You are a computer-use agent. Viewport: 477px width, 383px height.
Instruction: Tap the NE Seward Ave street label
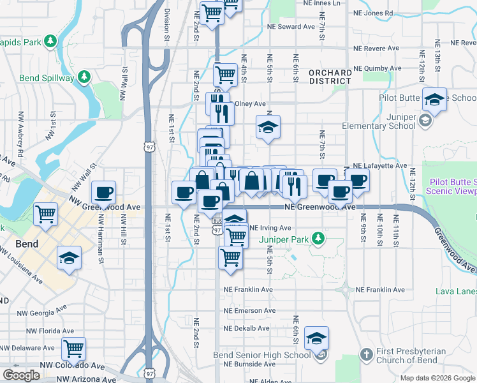point(291,27)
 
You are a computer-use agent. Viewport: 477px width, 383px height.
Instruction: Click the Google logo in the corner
point(22,375)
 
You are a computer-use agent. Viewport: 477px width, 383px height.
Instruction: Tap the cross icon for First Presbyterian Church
point(366,354)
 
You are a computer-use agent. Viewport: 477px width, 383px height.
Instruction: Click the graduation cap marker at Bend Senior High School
point(316,338)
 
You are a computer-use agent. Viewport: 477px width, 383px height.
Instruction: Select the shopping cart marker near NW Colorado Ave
point(74,349)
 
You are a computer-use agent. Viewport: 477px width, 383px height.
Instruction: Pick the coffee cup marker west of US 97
point(103,192)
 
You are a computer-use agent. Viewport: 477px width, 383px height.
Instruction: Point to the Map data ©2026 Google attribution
point(437,378)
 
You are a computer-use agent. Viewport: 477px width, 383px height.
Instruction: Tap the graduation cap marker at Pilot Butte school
point(434,100)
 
